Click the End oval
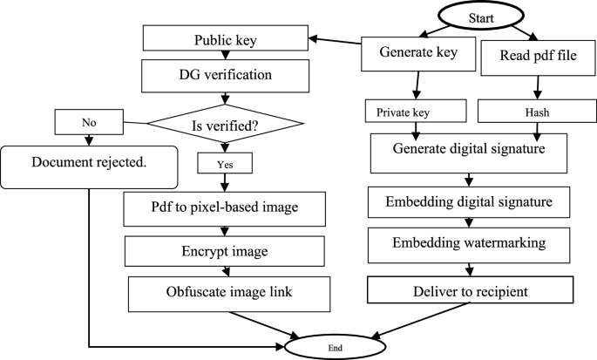click(334, 345)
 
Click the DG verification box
click(225, 75)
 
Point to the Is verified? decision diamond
click(225, 126)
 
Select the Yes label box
click(225, 162)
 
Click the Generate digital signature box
click(471, 149)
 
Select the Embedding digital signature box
click(471, 203)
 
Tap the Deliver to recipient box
click(471, 289)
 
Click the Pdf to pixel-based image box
click(224, 208)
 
